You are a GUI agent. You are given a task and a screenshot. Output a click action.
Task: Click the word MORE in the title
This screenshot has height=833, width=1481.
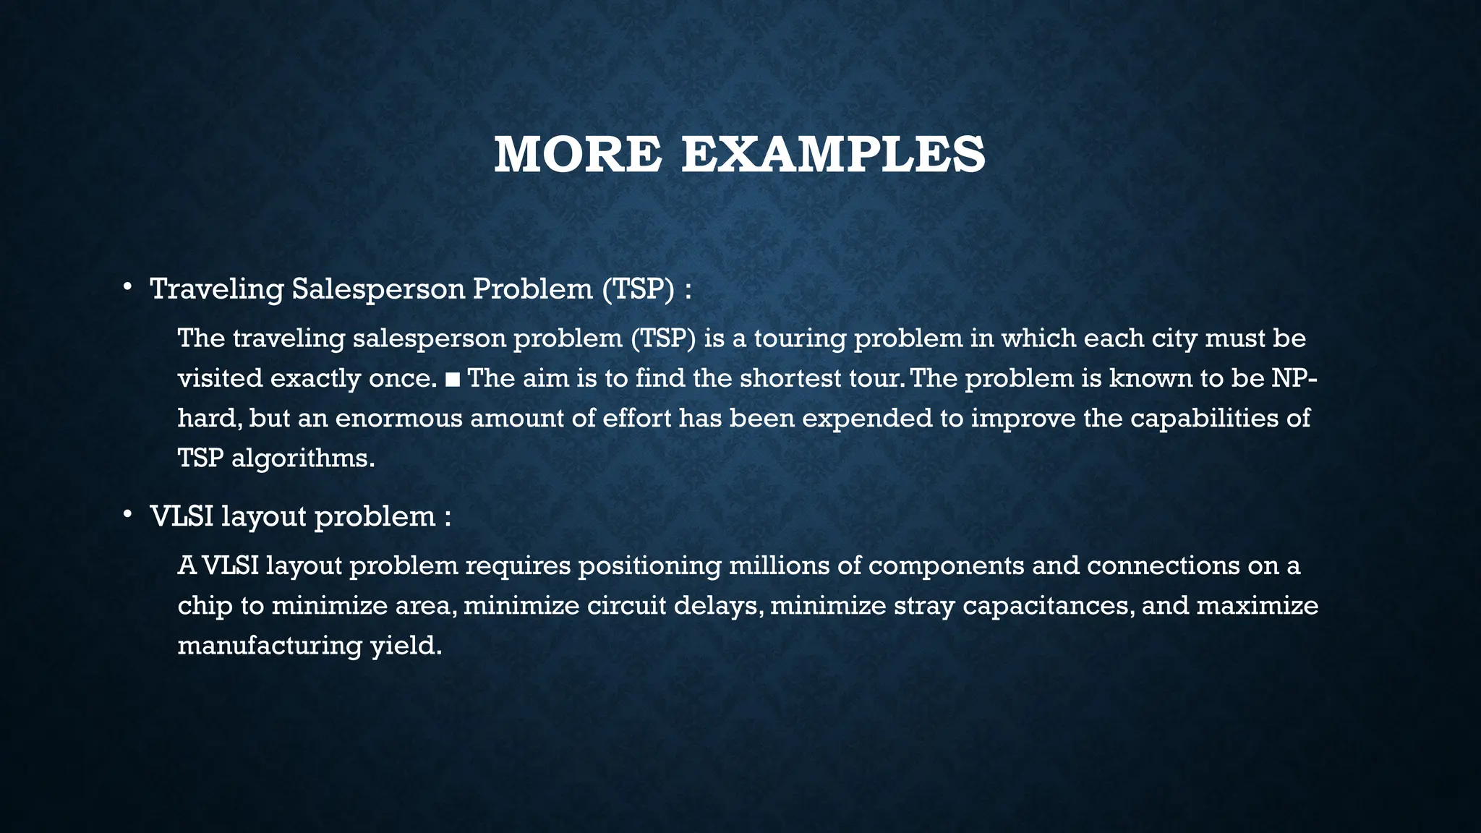[577, 155]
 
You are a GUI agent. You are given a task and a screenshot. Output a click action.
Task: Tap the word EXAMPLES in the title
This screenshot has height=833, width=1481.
[833, 155]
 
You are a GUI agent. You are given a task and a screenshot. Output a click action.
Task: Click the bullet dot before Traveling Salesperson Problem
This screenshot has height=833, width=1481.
[127, 288]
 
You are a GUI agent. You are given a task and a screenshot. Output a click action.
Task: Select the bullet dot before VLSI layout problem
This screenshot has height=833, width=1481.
[127, 515]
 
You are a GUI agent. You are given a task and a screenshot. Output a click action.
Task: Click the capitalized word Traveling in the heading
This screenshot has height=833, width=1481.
[217, 289]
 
